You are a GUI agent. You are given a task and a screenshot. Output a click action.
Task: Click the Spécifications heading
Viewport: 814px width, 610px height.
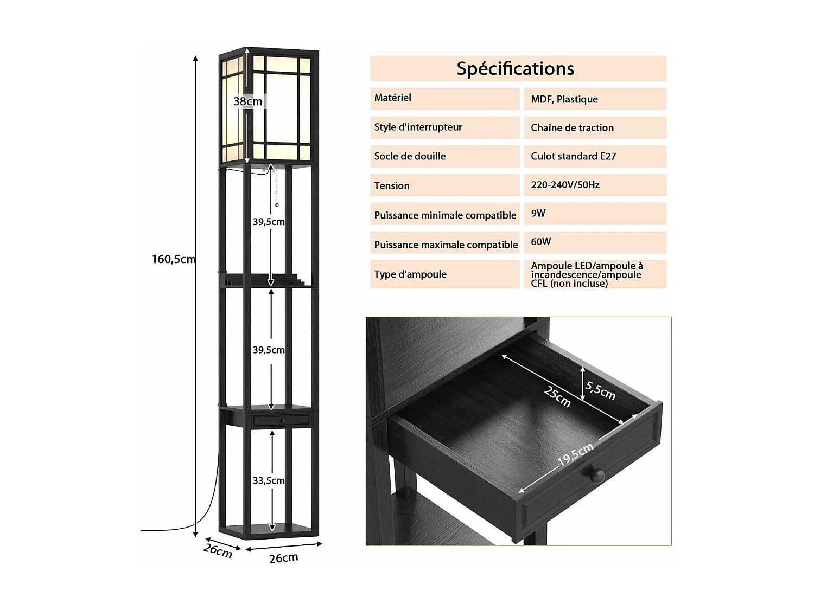click(x=515, y=69)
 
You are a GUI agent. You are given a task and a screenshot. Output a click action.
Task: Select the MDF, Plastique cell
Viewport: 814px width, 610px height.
click(x=564, y=99)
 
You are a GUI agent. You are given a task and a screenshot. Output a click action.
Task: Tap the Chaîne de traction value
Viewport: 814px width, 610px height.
click(x=572, y=128)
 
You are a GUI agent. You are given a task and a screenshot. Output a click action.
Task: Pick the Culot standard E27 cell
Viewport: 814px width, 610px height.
click(x=573, y=157)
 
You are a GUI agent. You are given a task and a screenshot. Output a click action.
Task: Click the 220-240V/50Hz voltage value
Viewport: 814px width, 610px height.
click(x=565, y=185)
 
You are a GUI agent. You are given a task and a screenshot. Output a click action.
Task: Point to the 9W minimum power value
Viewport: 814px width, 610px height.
click(x=538, y=214)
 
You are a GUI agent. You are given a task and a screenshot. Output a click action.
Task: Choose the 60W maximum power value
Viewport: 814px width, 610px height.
click(x=540, y=242)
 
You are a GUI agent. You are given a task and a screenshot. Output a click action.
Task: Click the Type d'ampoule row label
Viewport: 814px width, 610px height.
click(x=410, y=274)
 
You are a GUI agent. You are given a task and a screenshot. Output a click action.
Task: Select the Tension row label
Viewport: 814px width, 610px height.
click(x=391, y=186)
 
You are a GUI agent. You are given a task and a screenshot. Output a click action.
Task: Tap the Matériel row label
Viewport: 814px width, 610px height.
click(x=392, y=98)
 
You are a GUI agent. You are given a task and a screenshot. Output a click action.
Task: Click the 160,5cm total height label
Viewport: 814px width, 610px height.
click(x=173, y=259)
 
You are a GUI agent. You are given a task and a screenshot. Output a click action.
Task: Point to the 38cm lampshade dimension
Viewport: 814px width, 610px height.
click(x=248, y=101)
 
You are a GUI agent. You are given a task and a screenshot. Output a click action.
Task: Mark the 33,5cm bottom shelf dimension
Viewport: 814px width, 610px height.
click(x=269, y=481)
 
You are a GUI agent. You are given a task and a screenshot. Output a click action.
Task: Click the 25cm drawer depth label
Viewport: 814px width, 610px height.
click(x=557, y=396)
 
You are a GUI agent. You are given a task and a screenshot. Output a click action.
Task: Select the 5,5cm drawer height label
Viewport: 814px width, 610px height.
click(x=600, y=389)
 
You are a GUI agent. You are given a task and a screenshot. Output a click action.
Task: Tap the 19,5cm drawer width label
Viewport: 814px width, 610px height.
click(x=575, y=454)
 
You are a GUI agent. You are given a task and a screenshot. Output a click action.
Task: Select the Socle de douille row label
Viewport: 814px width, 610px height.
click(x=410, y=157)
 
